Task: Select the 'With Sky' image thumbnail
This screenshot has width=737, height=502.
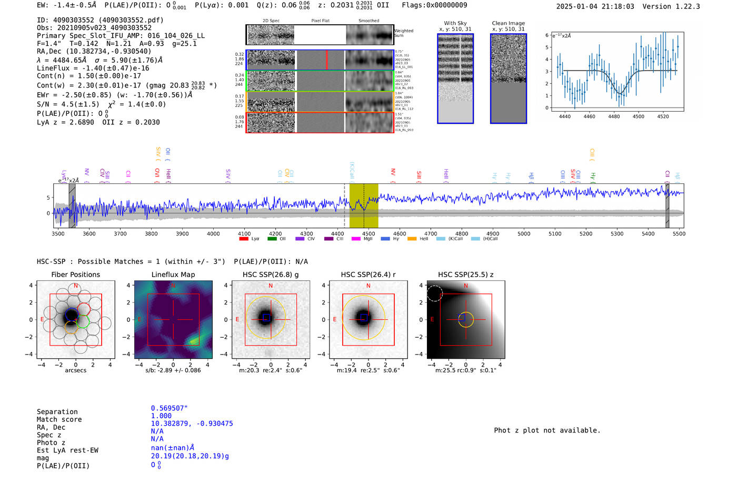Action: pos(455,78)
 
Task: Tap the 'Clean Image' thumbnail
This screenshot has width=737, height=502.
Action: pos(509,78)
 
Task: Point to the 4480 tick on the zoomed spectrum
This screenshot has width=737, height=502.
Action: pos(614,116)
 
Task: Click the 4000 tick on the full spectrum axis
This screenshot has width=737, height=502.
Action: pos(213,233)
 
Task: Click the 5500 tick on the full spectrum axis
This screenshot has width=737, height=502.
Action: pos(679,233)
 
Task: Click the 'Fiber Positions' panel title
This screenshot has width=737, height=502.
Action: pos(75,274)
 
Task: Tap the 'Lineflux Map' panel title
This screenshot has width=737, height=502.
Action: pos(173,274)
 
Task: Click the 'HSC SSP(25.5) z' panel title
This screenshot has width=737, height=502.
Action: pos(465,274)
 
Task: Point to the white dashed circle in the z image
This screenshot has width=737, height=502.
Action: pos(434,293)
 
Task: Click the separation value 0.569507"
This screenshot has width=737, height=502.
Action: pos(169,408)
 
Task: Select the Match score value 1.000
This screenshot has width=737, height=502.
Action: pos(161,416)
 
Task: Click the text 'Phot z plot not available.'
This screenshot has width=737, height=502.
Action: pos(547,430)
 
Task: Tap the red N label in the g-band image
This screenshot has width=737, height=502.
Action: pos(271,286)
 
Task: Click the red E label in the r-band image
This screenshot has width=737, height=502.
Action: pos(335,320)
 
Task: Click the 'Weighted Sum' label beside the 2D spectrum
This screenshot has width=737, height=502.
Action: pos(403,33)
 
